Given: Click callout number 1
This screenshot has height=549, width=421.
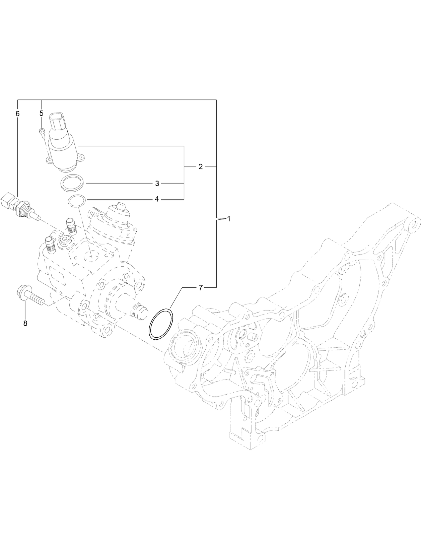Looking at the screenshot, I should point(229,219).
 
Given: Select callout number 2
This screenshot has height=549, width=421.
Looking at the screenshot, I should point(200,166).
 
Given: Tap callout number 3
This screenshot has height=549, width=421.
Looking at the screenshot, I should point(157,183).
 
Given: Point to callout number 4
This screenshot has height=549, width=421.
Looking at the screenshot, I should point(157,199).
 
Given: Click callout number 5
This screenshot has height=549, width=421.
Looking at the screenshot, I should point(42,113).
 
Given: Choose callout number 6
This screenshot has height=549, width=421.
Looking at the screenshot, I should point(18,114).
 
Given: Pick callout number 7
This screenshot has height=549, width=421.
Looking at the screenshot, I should point(201,287).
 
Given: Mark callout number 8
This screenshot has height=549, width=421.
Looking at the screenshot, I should point(25,323).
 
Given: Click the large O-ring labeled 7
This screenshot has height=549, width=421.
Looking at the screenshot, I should point(161,325).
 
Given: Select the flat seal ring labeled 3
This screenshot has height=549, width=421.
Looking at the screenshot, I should point(73,183).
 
